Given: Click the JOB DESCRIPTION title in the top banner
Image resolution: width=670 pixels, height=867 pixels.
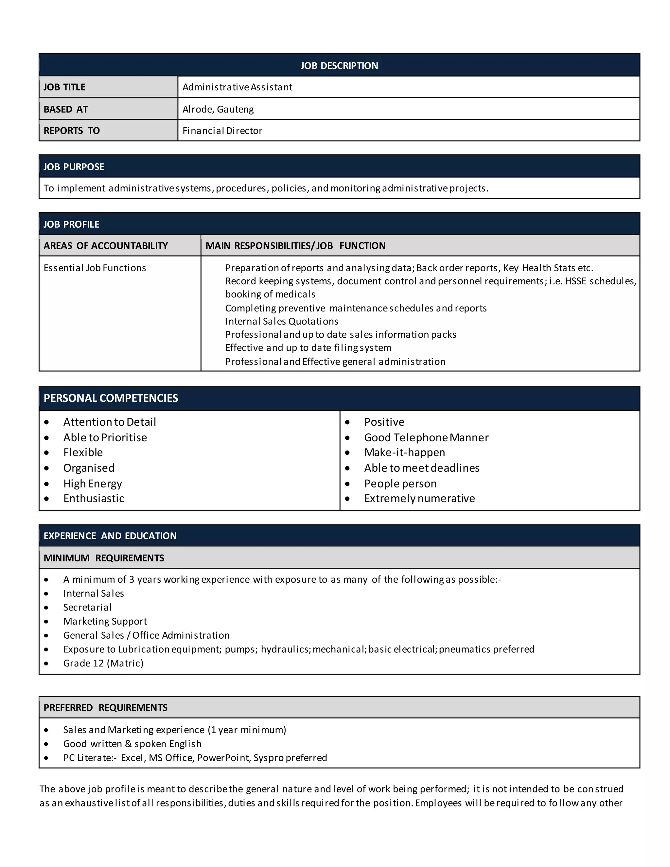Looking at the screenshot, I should click(x=339, y=65).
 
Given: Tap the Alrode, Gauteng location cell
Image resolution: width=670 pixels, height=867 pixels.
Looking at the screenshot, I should click(x=218, y=109).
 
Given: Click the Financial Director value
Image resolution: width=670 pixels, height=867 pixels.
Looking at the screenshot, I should click(x=222, y=131).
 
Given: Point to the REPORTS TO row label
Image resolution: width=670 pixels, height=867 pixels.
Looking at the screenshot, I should click(x=71, y=131).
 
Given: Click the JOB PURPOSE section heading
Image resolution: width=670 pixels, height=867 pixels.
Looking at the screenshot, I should click(x=74, y=167).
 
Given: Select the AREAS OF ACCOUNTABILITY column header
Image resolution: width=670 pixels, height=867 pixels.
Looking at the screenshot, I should click(x=106, y=246).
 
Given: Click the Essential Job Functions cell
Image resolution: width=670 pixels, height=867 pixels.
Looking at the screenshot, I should click(x=95, y=268).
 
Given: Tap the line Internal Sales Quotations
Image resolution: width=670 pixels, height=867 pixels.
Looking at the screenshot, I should click(x=282, y=321).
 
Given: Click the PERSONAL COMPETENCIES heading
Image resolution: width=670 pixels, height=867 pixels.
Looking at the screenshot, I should click(x=111, y=398).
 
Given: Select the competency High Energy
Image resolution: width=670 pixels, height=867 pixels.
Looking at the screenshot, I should click(x=93, y=484).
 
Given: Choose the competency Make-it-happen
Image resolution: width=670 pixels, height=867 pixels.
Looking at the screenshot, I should click(x=404, y=452).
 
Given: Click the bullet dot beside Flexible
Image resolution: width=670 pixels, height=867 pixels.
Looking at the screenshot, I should click(x=47, y=453).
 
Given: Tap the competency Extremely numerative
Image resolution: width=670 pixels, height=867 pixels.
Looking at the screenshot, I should click(x=419, y=499).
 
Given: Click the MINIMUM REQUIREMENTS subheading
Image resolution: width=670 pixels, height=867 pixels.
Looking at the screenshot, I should click(x=104, y=558).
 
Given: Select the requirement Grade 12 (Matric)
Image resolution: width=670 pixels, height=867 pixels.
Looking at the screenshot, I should click(x=103, y=664).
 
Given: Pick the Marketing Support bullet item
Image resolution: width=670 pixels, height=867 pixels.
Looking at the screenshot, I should click(x=105, y=621).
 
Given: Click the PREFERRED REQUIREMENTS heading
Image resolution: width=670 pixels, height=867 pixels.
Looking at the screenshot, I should click(x=106, y=708).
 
